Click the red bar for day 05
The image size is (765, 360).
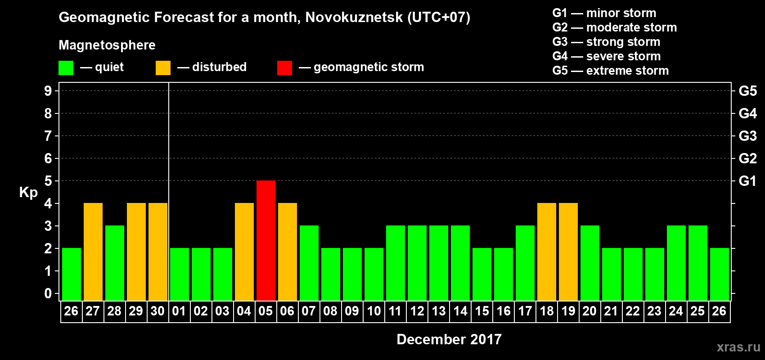click(266, 240)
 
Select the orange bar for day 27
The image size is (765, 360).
click(93, 252)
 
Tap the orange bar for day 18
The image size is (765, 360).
click(547, 252)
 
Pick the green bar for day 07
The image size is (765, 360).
click(309, 263)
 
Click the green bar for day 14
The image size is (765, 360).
click(460, 263)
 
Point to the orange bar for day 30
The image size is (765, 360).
click(158, 252)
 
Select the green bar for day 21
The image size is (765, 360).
click(612, 274)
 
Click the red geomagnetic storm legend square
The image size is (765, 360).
click(284, 68)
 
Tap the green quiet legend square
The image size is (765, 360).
click(66, 68)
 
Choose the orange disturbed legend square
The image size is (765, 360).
click(163, 68)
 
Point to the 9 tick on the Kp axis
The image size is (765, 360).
click(48, 91)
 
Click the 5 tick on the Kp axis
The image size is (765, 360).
click(48, 181)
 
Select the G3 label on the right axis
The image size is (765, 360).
click(747, 136)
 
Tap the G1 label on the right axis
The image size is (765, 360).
click(747, 181)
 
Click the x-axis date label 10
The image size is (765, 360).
click(374, 311)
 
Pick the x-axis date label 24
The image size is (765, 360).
click(676, 311)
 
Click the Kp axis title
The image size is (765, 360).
click(28, 192)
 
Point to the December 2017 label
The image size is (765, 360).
click(449, 339)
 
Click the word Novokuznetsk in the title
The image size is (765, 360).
click(354, 18)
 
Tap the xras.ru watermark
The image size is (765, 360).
click(738, 347)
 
